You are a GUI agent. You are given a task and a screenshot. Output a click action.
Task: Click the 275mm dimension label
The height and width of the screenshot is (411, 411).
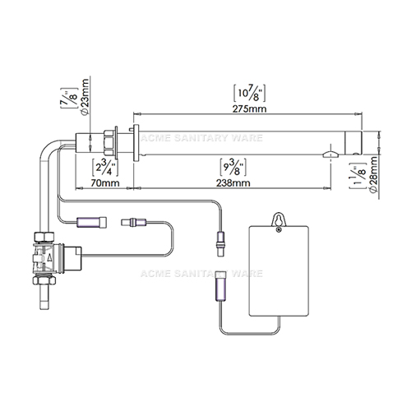(x=249, y=109)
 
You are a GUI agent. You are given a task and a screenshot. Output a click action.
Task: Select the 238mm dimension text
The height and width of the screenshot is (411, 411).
(x=233, y=182)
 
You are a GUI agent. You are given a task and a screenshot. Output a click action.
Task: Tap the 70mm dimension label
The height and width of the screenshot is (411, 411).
(x=105, y=182)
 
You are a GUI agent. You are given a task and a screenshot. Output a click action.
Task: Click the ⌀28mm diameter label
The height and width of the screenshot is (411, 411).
(x=373, y=175)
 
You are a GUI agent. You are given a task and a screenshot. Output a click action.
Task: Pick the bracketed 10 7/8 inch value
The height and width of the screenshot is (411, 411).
(x=249, y=93)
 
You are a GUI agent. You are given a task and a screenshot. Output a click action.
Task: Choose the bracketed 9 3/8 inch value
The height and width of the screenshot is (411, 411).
(x=233, y=167)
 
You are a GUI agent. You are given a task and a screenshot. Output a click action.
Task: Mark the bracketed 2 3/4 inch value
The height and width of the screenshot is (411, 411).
(x=105, y=167)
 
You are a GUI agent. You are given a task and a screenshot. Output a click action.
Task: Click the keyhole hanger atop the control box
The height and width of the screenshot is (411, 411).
(x=279, y=221)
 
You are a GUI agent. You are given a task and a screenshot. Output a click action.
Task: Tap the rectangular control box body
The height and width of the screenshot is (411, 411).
(x=279, y=271)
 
